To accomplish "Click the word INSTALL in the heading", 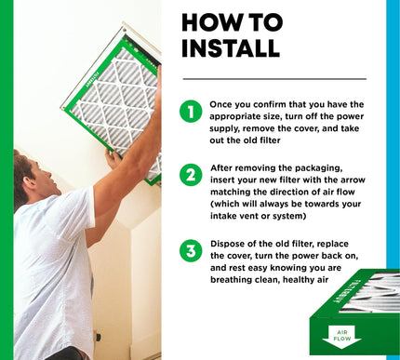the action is coord(231,48).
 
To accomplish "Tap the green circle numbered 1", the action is coord(191,111).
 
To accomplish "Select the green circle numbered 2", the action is coord(191,175).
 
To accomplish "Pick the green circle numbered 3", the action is coord(191,250).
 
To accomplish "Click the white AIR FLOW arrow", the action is coord(341,337).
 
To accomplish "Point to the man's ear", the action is coord(30,182).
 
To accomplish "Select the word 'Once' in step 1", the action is coord(220,104).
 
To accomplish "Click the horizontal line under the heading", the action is coord(274,79).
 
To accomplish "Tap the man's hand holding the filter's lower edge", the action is coord(113,159).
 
